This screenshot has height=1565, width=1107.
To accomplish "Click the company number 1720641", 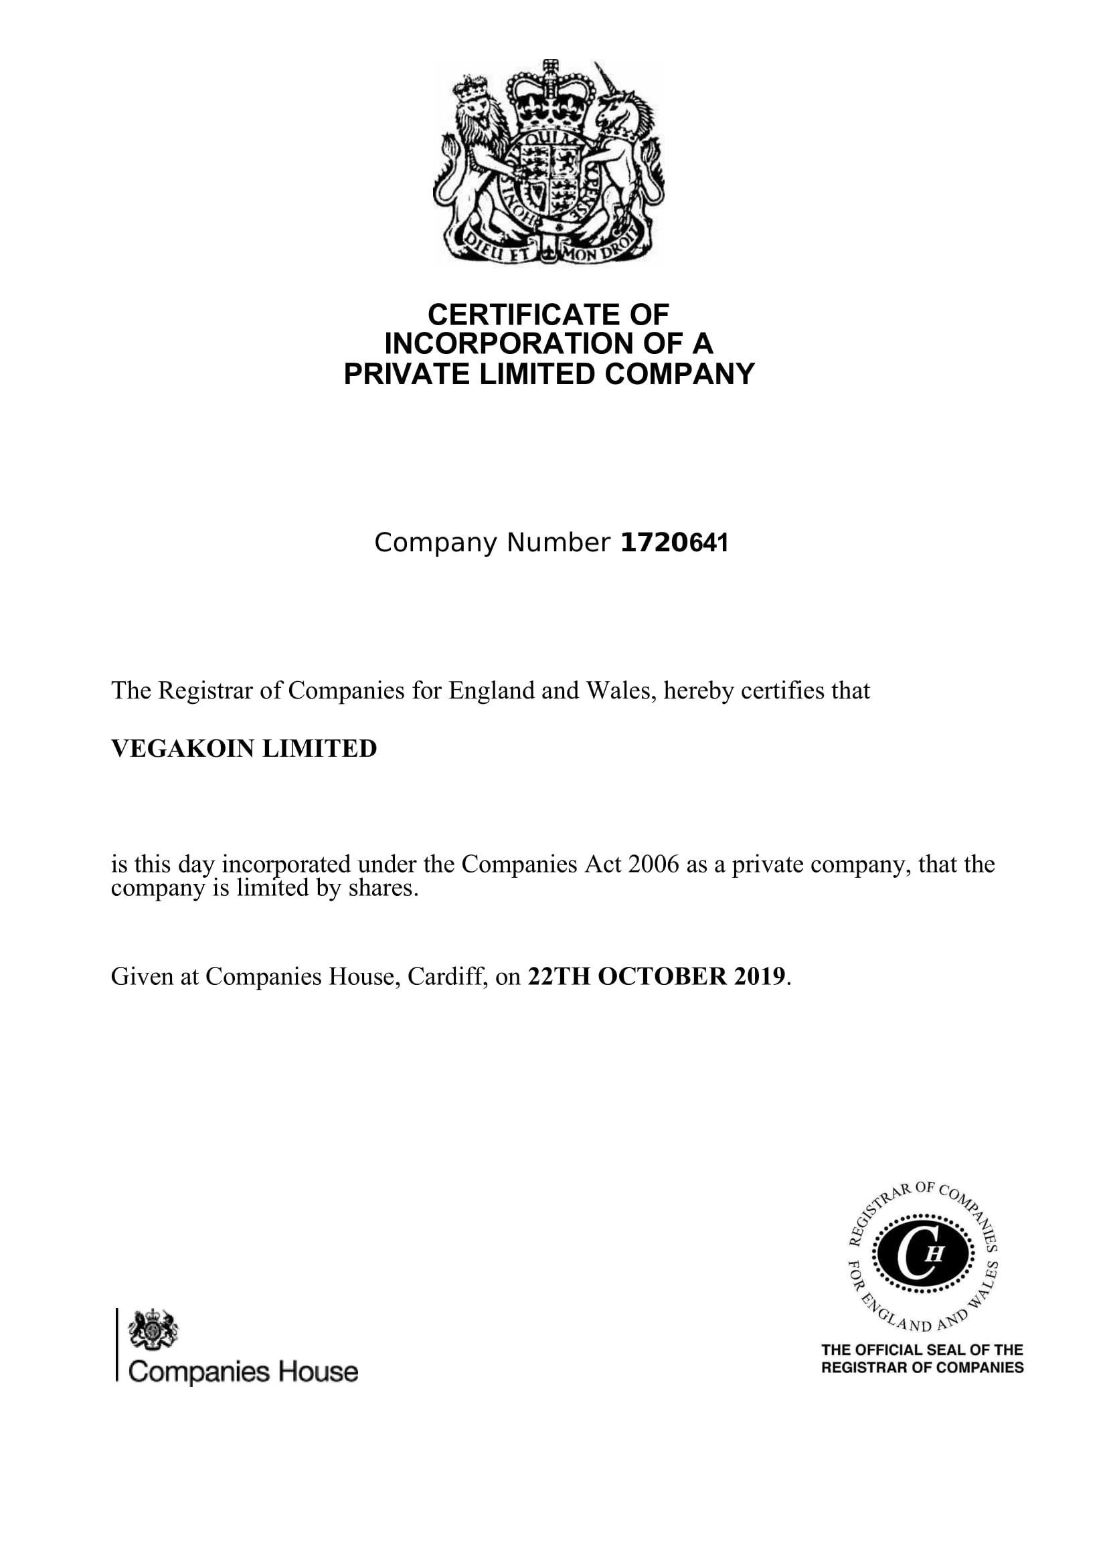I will tap(674, 543).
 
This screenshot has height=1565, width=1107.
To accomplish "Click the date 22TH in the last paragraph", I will tap(559, 977).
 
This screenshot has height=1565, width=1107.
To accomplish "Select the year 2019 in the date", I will tap(760, 977).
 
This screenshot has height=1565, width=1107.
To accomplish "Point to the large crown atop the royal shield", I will tap(549, 99).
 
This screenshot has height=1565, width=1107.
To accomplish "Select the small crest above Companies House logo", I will tap(153, 1329).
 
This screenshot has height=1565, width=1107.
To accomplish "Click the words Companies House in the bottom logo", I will tap(243, 1372).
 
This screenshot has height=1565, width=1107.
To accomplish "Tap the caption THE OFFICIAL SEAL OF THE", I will tap(922, 1350).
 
